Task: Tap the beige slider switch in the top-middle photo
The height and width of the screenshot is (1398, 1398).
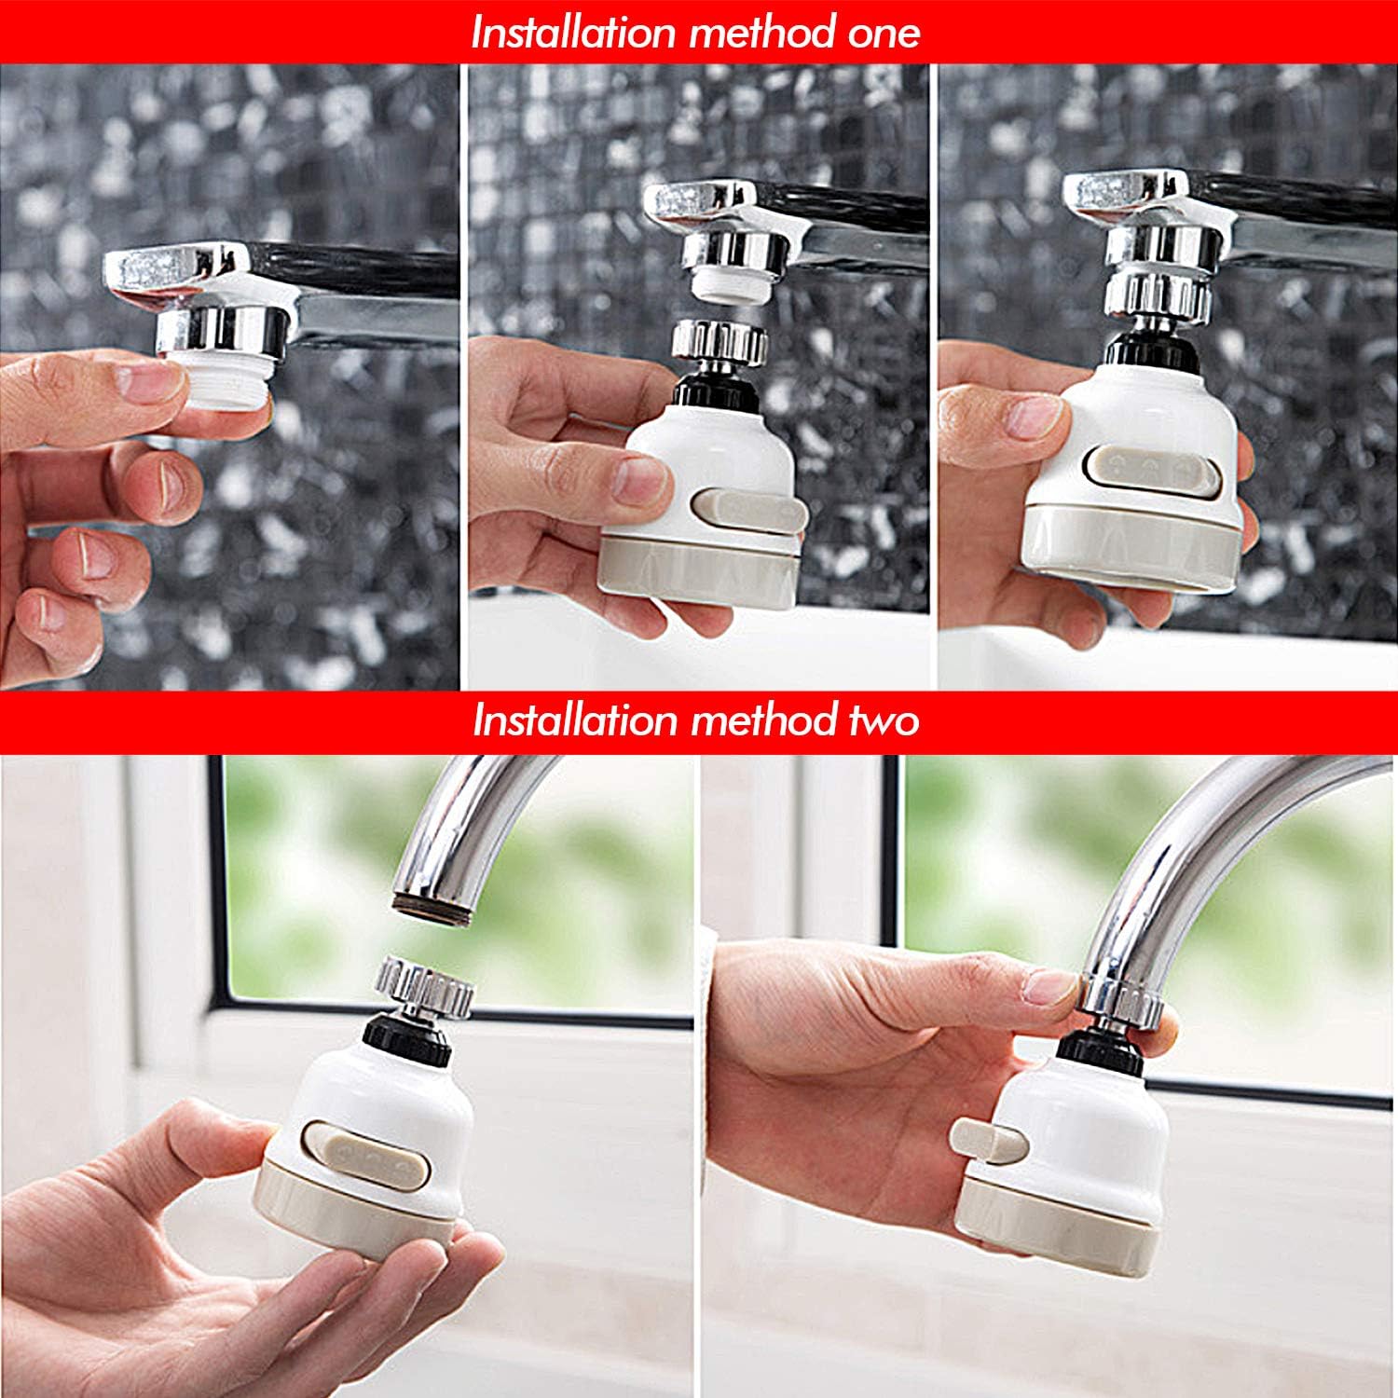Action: [750, 511]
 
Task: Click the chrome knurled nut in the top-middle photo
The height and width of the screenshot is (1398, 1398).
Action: [719, 341]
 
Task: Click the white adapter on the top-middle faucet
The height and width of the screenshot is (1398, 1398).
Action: [732, 285]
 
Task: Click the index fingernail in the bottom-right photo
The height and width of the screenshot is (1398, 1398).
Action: [1051, 984]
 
